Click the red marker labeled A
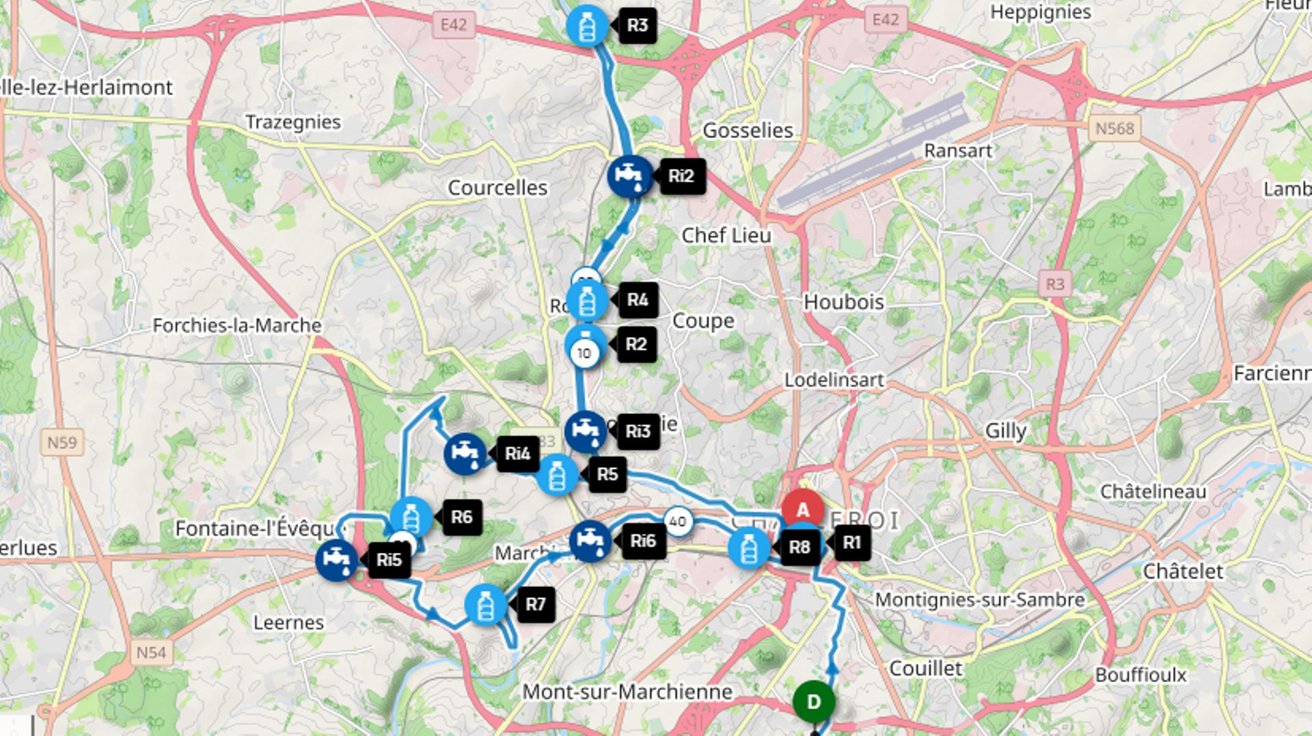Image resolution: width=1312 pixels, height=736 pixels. click(802, 510)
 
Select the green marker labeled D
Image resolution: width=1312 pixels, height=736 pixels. click(813, 702)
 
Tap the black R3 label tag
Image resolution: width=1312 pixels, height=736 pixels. click(637, 26)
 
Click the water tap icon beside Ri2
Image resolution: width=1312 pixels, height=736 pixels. click(629, 176)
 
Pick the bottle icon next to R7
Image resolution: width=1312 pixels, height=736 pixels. click(486, 605)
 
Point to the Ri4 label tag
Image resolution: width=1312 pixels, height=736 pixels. click(517, 454)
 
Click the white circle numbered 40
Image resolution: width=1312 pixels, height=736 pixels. click(677, 521)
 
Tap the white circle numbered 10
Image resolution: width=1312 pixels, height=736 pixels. click(584, 353)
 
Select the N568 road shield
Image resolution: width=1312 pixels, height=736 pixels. click(1114, 128)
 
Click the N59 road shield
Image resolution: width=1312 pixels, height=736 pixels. click(61, 443)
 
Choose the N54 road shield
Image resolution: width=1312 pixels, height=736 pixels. click(151, 653)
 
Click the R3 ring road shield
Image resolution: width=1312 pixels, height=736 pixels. click(1054, 284)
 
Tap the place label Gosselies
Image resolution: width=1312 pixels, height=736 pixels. click(748, 131)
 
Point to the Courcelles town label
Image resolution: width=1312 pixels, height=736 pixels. click(497, 188)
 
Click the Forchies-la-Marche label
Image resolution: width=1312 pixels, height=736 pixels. click(236, 325)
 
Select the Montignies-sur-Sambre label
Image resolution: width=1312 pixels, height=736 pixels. click(980, 600)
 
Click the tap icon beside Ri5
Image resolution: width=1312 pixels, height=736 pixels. click(337, 560)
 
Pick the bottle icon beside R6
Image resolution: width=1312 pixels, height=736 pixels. click(411, 517)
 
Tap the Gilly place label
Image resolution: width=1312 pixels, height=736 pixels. click(1005, 431)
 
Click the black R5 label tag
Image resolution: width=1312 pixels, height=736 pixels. click(607, 474)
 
